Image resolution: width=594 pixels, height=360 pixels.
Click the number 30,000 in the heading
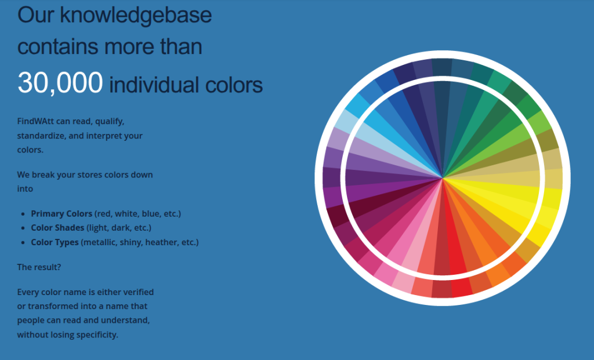[60, 82]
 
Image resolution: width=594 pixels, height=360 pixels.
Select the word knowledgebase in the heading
[136, 16]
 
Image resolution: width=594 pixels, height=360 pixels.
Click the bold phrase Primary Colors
[61, 213]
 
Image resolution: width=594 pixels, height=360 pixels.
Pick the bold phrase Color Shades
[57, 228]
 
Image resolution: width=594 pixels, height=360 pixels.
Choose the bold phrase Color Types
[55, 242]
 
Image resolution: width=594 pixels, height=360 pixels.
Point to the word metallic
[99, 242]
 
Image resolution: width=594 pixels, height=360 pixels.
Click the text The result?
[39, 267]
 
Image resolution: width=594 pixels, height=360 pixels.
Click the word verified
[138, 292]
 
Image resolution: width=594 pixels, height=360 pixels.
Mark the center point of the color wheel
[442, 178]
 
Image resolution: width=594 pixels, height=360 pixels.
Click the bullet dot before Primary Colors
[23, 214]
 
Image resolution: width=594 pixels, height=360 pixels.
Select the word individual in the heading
[155, 85]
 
